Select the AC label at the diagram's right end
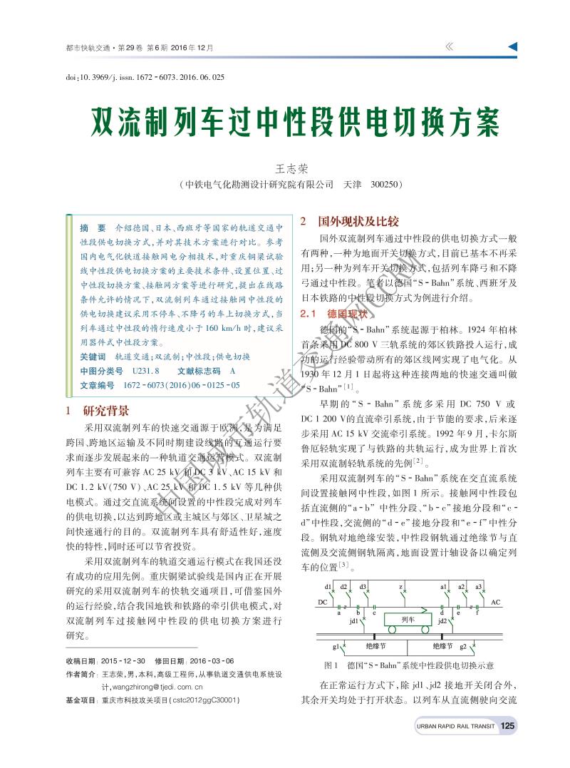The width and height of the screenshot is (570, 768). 495,603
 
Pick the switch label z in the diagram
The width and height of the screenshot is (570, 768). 401,586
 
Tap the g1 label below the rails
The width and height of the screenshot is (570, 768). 336,646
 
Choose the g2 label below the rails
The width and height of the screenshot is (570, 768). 463,646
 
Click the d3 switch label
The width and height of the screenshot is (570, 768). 363,586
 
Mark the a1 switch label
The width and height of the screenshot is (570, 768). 443,586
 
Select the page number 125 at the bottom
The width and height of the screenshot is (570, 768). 507,726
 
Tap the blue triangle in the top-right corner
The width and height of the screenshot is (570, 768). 512,47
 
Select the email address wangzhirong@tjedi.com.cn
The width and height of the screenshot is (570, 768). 152,687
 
